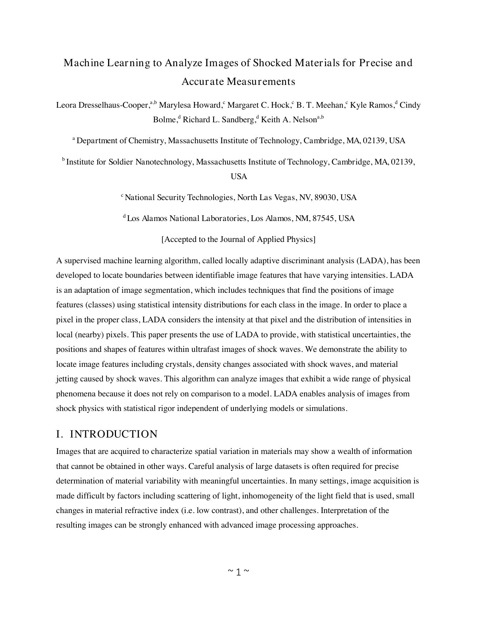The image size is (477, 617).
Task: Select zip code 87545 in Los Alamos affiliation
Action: (x=323, y=218)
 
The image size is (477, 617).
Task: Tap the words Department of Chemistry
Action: (x=120, y=141)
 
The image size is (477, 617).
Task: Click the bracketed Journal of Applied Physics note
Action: (x=238, y=239)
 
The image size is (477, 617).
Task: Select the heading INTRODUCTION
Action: (x=114, y=434)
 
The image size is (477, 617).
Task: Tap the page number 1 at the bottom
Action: (x=238, y=572)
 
